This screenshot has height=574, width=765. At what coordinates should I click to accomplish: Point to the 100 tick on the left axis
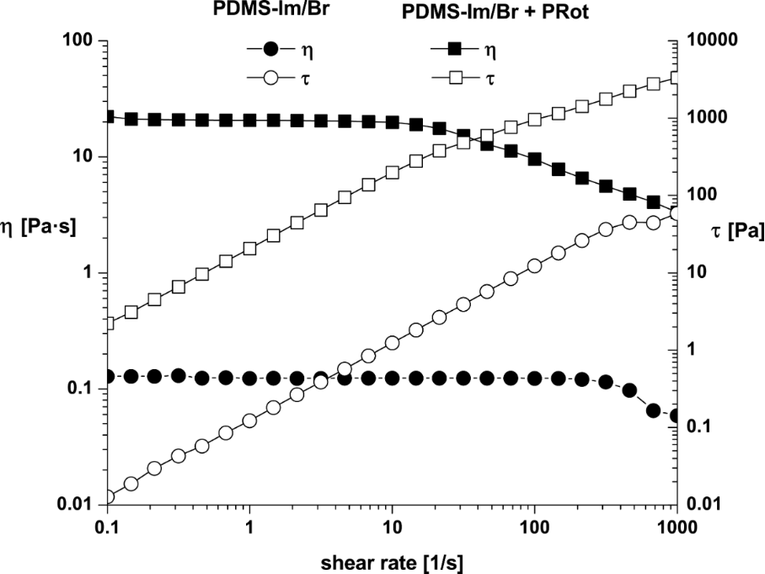(x=84, y=40)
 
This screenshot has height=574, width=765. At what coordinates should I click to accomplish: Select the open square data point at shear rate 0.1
(x=107, y=323)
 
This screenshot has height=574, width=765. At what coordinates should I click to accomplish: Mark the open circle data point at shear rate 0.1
(x=107, y=497)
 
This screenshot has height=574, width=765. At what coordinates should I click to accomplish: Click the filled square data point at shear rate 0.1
(x=107, y=116)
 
